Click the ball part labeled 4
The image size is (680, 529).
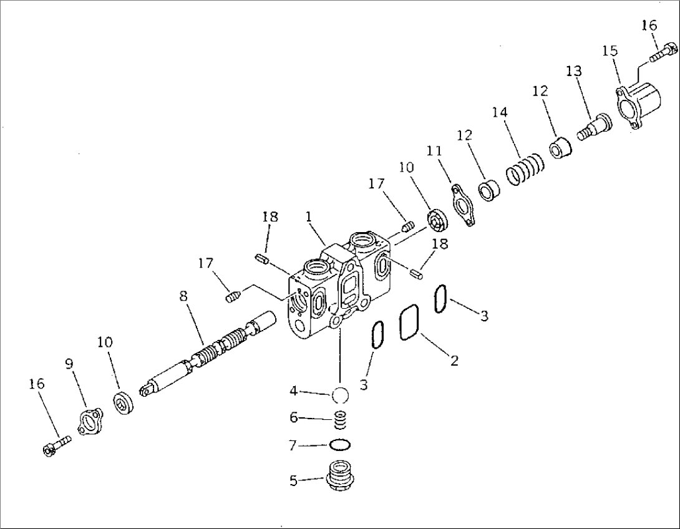pos(341,396)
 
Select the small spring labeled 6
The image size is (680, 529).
pos(341,422)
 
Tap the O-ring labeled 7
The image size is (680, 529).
pos(340,445)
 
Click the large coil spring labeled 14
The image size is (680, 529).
pos(525,169)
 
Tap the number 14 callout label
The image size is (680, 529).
pos(499,112)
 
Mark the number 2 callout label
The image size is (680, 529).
pos(454,361)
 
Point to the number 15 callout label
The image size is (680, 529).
pos(610,51)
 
